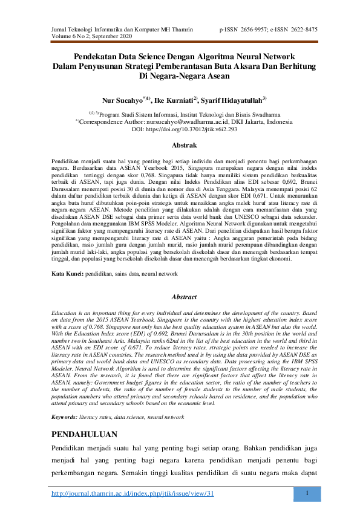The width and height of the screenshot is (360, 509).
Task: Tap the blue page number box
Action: coord(309,493)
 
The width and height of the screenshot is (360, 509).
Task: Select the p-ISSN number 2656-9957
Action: coord(261,28)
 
